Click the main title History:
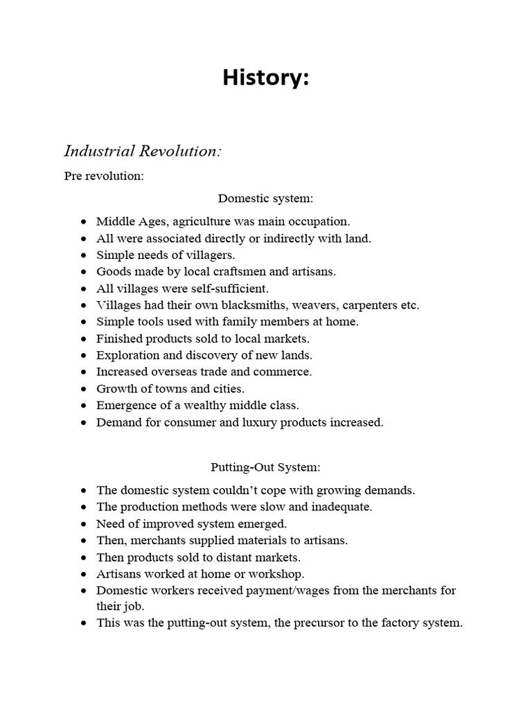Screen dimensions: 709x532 (x=265, y=79)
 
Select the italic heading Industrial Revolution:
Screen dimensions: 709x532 (x=143, y=151)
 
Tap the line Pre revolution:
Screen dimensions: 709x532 (x=104, y=176)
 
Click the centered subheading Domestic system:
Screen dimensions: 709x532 (x=265, y=199)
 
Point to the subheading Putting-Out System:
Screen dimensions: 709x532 (x=265, y=467)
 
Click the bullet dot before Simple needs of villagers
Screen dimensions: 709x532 (x=84, y=255)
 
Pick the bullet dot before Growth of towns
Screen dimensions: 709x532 (x=84, y=389)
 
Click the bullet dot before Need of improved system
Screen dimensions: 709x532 (x=84, y=524)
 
